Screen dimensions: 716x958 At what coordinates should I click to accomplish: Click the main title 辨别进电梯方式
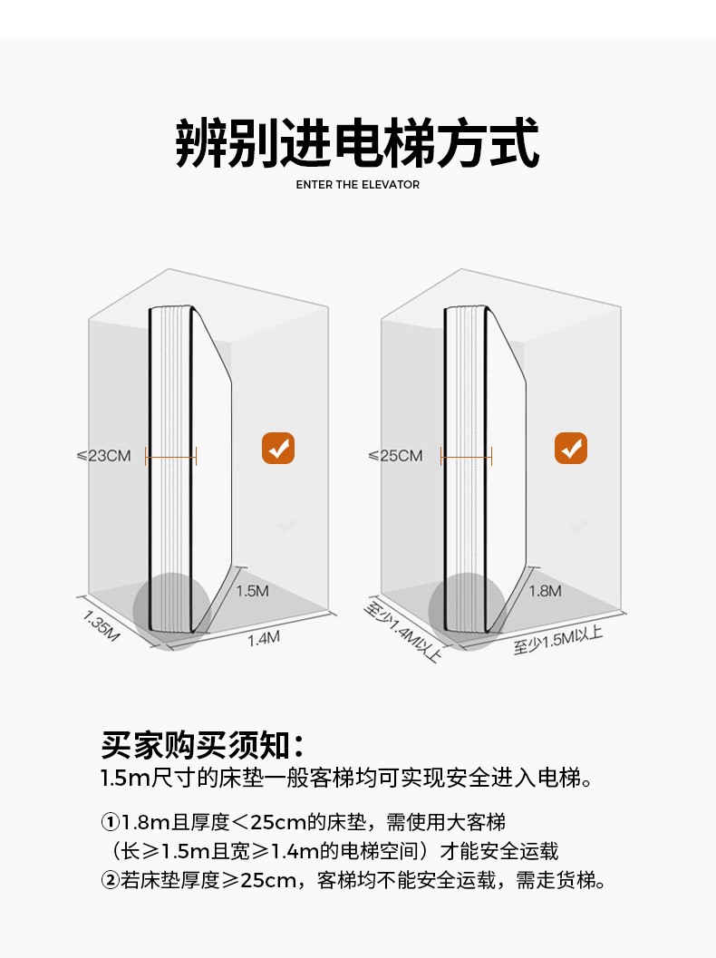tap(357, 142)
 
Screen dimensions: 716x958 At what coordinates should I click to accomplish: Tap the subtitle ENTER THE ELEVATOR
tap(358, 185)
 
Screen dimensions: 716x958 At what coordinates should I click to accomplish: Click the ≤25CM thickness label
tap(395, 455)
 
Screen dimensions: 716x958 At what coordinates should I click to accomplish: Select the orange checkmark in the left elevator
tap(278, 448)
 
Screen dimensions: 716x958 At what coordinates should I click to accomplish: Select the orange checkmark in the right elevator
tap(571, 448)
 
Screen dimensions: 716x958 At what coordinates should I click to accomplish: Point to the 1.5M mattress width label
tap(253, 591)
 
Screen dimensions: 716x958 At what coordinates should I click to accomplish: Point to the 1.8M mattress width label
tap(545, 591)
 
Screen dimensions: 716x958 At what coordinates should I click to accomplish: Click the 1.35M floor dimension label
tap(102, 625)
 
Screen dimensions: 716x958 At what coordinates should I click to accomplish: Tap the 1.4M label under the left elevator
tap(264, 638)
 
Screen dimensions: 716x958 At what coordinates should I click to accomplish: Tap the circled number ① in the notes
tap(110, 823)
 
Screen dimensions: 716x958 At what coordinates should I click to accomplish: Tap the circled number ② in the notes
tap(110, 879)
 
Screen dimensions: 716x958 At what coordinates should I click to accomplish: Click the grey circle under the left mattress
tap(172, 610)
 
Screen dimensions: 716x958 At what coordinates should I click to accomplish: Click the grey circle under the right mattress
tap(467, 610)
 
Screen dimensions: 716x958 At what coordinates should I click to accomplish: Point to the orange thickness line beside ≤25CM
tap(466, 457)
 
